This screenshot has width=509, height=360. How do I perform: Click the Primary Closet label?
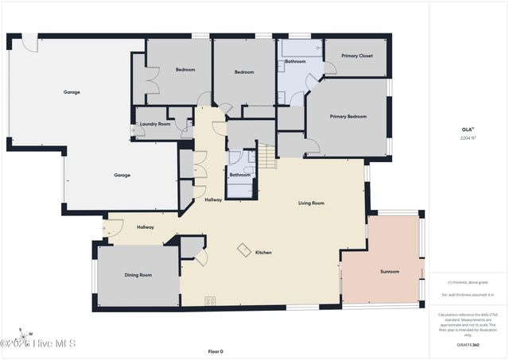pos(357,56)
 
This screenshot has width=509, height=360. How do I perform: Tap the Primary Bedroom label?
pos(348,116)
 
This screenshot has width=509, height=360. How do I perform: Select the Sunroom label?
pos(390,272)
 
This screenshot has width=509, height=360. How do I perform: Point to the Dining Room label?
pos(138,275)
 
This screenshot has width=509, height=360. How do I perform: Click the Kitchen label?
pos(263,253)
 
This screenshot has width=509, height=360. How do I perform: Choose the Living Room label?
pos(311,203)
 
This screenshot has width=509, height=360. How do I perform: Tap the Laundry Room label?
pos(155,124)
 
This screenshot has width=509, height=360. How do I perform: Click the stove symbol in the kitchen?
pos(211,300)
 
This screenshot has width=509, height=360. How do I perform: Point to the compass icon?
pos(25,332)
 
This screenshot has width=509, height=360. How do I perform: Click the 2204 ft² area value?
pos(468,137)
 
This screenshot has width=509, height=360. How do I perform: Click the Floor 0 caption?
pos(216,350)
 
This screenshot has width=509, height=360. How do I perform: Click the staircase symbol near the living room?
pos(266,156)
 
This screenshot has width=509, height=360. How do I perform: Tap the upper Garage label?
pos(72,92)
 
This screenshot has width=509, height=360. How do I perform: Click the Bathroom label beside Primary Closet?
pos(296,61)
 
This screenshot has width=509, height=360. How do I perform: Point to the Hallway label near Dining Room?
pos(145,227)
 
